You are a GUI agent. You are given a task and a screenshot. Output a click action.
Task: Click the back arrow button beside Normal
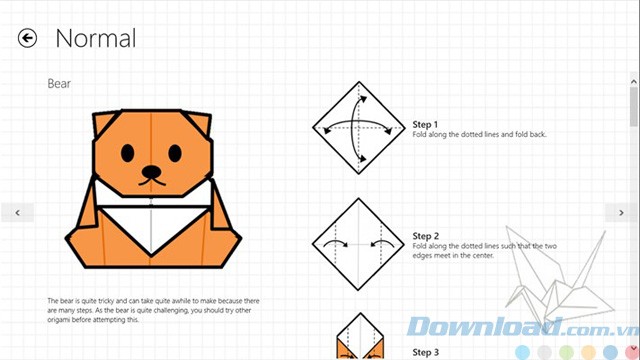click(27, 38)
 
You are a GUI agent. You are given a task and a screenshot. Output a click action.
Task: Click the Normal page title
click(96, 39)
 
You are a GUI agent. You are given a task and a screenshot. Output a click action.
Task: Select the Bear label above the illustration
click(59, 84)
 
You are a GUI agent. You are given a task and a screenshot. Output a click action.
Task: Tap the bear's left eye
click(127, 153)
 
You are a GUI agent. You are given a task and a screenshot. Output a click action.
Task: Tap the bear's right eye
click(175, 153)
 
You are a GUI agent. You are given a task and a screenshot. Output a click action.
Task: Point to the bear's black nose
click(151, 171)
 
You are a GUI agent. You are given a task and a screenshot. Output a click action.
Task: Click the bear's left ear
click(104, 123)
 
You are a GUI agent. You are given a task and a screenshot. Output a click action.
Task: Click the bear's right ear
click(198, 123)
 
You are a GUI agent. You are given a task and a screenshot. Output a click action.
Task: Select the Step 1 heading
click(425, 124)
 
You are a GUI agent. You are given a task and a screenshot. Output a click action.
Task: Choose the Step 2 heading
click(425, 236)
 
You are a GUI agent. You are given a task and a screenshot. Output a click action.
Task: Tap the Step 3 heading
click(425, 352)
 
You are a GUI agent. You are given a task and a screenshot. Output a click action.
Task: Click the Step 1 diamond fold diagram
click(359, 128)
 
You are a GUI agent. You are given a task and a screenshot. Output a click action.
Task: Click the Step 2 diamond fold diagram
click(359, 244)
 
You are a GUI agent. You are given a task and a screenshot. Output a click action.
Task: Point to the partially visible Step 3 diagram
click(360, 336)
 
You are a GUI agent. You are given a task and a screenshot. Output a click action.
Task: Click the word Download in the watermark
click(483, 327)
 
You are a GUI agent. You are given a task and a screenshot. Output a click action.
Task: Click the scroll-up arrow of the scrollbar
click(633, 82)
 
